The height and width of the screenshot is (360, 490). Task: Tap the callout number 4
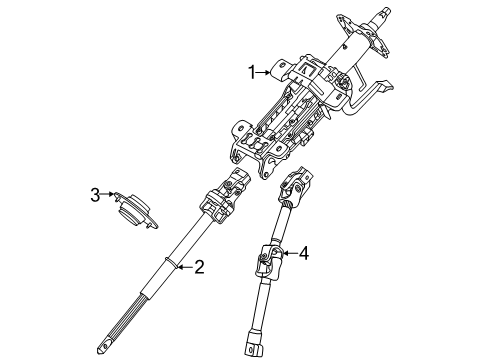[x=304, y=253]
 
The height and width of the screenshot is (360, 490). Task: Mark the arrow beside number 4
[x=288, y=253]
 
